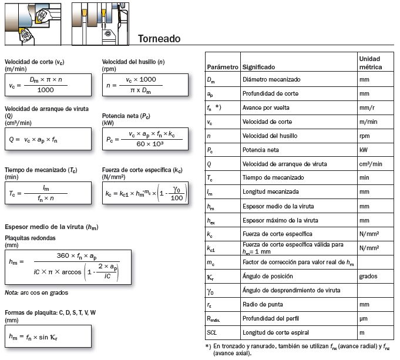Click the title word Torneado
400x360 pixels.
(x=159, y=39)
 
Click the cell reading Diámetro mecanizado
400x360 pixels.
(x=271, y=79)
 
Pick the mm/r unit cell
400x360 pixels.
(x=368, y=107)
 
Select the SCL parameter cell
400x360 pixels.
(x=213, y=332)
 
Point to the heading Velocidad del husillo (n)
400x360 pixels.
(x=133, y=62)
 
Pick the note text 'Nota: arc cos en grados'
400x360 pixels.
(x=36, y=292)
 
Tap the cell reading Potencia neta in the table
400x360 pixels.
(x=261, y=150)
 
